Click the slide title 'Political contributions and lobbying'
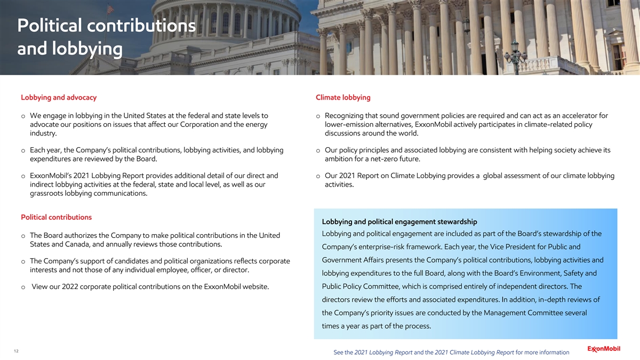(106, 37)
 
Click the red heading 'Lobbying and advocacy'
(59, 98)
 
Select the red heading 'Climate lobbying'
(343, 98)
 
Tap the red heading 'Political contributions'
(56, 217)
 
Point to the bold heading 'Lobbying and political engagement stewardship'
(399, 222)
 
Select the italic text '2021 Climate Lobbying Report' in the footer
(475, 352)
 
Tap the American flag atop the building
(110, 9)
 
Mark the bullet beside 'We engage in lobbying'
(23, 116)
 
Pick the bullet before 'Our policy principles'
(318, 150)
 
